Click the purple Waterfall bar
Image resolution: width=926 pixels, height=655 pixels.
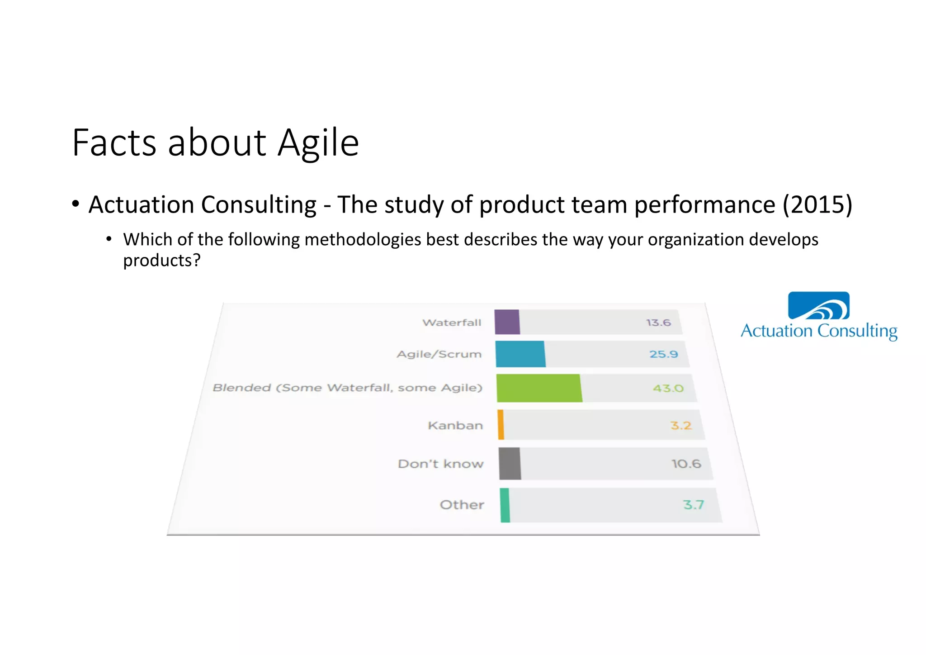[x=507, y=322]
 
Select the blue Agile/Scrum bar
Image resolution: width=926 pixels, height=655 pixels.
[x=520, y=354]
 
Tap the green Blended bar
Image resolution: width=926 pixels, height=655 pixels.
[x=539, y=388]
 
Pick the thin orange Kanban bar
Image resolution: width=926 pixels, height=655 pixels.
[x=501, y=425]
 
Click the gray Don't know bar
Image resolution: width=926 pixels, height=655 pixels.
[x=510, y=464]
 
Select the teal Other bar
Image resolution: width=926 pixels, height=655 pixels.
[x=505, y=505]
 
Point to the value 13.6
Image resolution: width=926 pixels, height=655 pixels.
[x=658, y=323]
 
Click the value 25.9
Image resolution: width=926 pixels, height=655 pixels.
[x=664, y=354]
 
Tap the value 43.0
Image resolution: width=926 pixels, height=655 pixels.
[x=668, y=388]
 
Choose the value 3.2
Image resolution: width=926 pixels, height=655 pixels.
[x=681, y=425]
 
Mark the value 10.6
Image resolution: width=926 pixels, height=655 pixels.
[x=686, y=464]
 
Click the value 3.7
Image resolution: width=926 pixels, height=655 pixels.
[x=693, y=504]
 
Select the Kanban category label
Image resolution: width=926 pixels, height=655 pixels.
[x=455, y=426]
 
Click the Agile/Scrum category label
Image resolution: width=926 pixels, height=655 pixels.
[x=439, y=354]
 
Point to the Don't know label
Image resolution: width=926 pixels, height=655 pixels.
[x=440, y=464]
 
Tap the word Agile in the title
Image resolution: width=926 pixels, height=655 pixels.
[x=318, y=144]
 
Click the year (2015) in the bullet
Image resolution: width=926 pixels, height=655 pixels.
[x=817, y=205]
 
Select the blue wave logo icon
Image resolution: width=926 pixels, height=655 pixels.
[x=818, y=306]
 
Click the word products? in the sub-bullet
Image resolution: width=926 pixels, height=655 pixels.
[x=161, y=261]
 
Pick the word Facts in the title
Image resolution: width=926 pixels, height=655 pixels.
[x=114, y=143]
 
